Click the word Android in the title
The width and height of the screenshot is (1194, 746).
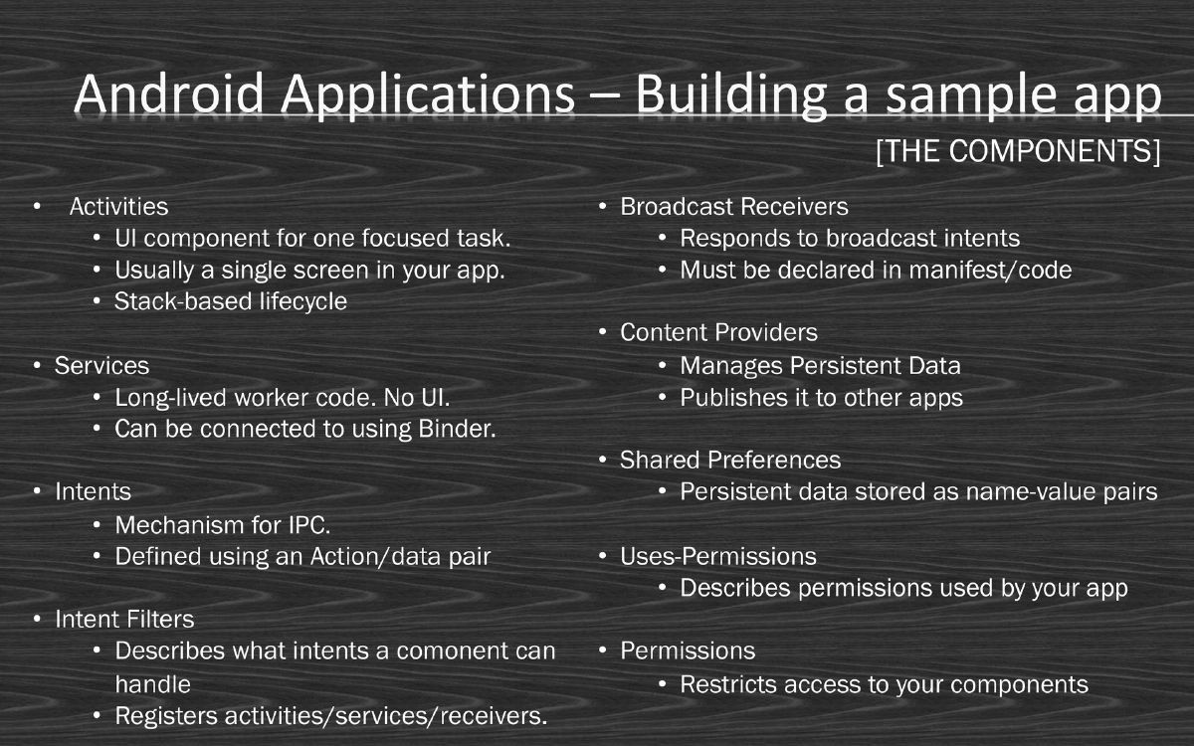pyautogui.click(x=168, y=95)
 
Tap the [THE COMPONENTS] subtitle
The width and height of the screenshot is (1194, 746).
pyautogui.click(x=1018, y=152)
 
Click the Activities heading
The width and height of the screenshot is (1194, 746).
pyautogui.click(x=118, y=207)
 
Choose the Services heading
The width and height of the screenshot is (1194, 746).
pyautogui.click(x=101, y=366)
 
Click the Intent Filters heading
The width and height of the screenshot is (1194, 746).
pyautogui.click(x=124, y=620)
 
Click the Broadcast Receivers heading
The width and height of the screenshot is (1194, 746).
pyautogui.click(x=734, y=207)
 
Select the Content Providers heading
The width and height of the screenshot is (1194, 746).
pyautogui.click(x=718, y=333)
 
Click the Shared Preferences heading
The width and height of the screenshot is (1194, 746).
pyautogui.click(x=730, y=461)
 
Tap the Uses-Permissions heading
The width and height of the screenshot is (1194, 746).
pyautogui.click(x=718, y=556)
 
